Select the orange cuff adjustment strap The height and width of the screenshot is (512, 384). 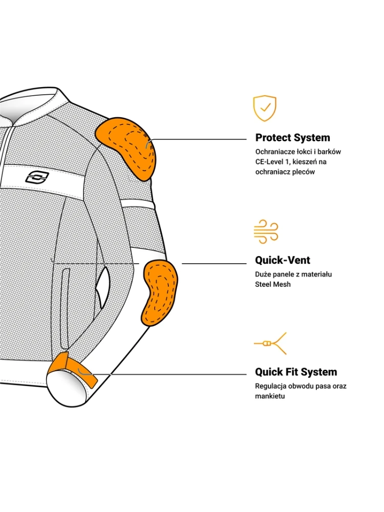[72, 366]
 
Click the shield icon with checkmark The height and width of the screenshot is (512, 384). [265, 108]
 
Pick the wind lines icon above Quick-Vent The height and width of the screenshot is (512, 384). [266, 232]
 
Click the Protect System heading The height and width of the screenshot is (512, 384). [292, 138]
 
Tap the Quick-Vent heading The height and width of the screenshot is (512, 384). [283, 260]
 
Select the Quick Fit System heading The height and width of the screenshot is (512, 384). [296, 372]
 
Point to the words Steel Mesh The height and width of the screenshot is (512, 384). [273, 284]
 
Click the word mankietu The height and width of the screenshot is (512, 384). [270, 396]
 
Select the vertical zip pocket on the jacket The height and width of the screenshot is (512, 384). [66, 307]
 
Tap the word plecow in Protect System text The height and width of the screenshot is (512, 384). [304, 172]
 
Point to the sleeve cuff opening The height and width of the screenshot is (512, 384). [66, 386]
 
